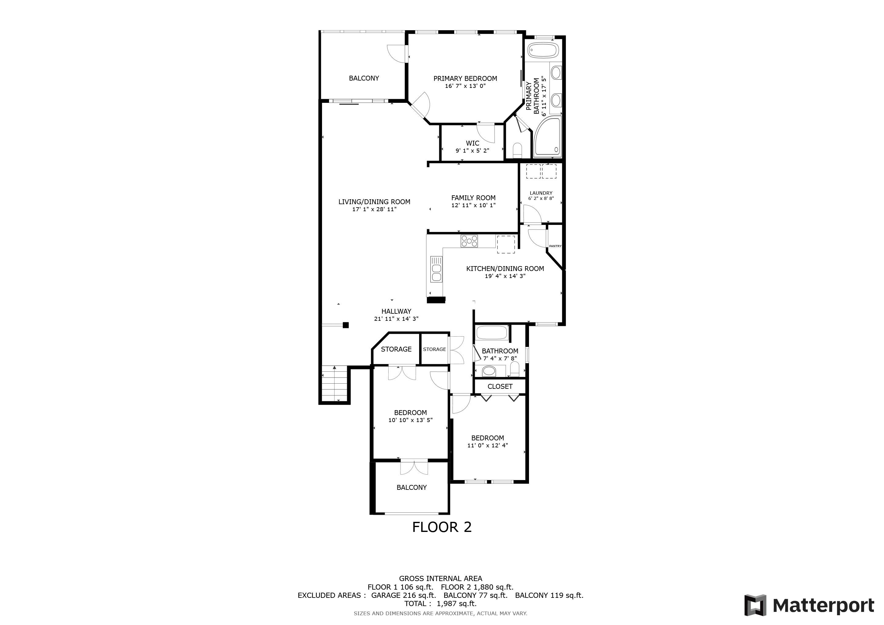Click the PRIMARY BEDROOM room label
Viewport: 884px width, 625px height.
(465, 78)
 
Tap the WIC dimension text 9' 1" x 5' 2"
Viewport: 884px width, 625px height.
(473, 151)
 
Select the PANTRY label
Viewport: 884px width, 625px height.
(555, 246)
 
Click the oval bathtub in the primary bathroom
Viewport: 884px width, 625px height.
(542, 50)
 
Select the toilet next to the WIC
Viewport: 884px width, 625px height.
(517, 150)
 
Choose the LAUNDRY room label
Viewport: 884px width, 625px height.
(541, 193)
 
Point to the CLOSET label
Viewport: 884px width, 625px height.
(500, 386)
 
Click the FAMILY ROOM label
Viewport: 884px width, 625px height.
(473, 198)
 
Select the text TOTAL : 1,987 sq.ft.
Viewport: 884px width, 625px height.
(440, 603)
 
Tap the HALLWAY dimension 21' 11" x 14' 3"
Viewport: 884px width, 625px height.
(396, 319)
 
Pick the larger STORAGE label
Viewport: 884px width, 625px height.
(396, 349)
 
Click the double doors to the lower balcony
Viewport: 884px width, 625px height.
(414, 468)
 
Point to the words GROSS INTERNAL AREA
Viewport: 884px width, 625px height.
(440, 578)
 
